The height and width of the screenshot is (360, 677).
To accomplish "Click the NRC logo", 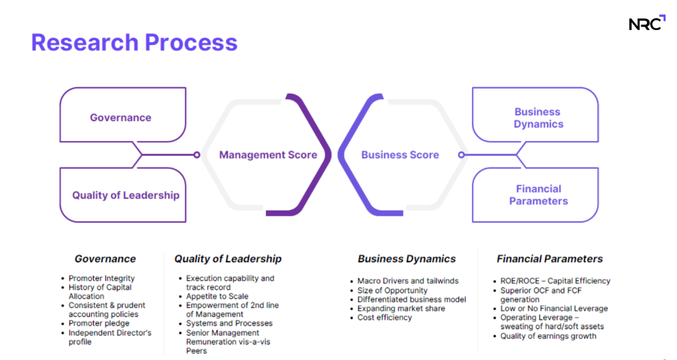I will coord(647,23).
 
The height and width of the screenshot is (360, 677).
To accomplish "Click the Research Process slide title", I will coord(134,43).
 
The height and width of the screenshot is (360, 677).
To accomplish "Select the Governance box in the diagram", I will coord(121,117).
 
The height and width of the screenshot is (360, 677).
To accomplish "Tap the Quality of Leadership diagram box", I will coord(125,195).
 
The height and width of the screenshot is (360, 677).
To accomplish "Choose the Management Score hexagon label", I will coord(268,155).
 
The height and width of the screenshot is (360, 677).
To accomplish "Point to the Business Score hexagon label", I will coord(400,155).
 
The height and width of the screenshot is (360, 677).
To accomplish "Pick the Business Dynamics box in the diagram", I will coord(538,118).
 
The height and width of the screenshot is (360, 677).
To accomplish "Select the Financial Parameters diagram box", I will coord(538,195).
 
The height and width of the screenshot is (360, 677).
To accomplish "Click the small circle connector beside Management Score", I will coord(197,155).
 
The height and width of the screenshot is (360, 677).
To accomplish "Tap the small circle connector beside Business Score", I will coord(461,155).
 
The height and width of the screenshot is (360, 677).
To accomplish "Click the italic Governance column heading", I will coord(105,259).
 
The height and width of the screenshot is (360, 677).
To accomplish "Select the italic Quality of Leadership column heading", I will coord(228,259).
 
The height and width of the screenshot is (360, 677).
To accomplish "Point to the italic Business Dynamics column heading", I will coord(407,259).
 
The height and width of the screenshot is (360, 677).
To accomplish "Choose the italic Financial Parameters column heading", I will coord(549,259).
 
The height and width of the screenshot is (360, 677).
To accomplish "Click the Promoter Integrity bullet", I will coord(101,278).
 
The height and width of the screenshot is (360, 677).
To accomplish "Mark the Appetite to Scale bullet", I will coord(217,296).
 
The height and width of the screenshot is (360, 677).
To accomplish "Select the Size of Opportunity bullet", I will coord(392,290).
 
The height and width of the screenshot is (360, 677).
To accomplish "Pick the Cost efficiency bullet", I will coord(384,317).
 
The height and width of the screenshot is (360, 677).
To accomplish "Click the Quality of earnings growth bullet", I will coord(548,336).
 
